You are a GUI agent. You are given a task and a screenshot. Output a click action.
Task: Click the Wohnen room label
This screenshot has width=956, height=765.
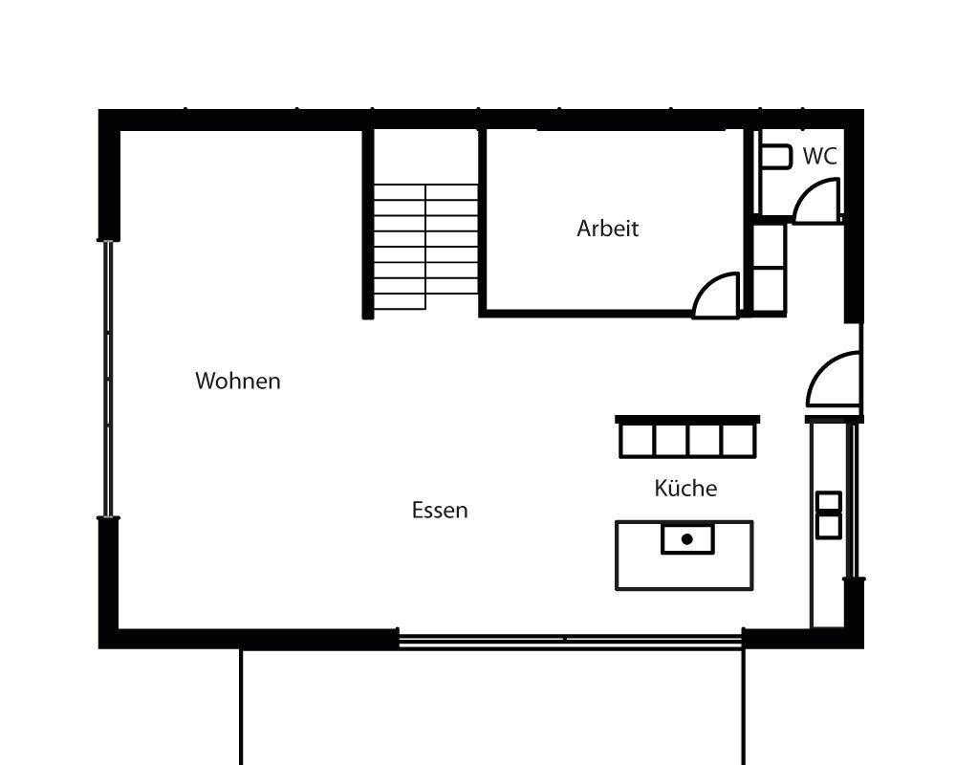click(x=238, y=381)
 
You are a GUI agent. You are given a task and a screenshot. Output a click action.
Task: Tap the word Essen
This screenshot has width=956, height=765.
click(x=440, y=510)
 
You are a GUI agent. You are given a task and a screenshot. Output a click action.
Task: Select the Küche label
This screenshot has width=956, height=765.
click(x=685, y=488)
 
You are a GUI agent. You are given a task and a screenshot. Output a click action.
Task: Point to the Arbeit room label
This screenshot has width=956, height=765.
click(x=607, y=229)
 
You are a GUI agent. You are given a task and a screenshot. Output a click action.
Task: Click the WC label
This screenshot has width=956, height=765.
click(x=819, y=156)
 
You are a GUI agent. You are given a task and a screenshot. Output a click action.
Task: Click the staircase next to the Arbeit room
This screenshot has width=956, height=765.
click(x=425, y=247)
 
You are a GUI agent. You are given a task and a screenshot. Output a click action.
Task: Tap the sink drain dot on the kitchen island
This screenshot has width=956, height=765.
click(x=686, y=539)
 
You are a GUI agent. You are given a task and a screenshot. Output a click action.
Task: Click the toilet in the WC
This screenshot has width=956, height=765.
click(x=775, y=156)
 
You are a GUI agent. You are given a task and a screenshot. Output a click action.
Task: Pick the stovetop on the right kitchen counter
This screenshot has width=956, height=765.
click(x=828, y=514)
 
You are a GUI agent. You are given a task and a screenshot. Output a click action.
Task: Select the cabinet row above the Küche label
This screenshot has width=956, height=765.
click(x=687, y=439)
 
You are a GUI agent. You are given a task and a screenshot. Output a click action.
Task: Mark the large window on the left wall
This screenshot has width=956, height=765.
click(x=108, y=380)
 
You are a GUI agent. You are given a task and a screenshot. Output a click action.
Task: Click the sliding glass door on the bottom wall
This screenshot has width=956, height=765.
click(x=570, y=640)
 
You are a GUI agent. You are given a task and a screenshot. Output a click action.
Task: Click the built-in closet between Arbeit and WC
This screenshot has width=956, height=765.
click(x=769, y=267)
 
